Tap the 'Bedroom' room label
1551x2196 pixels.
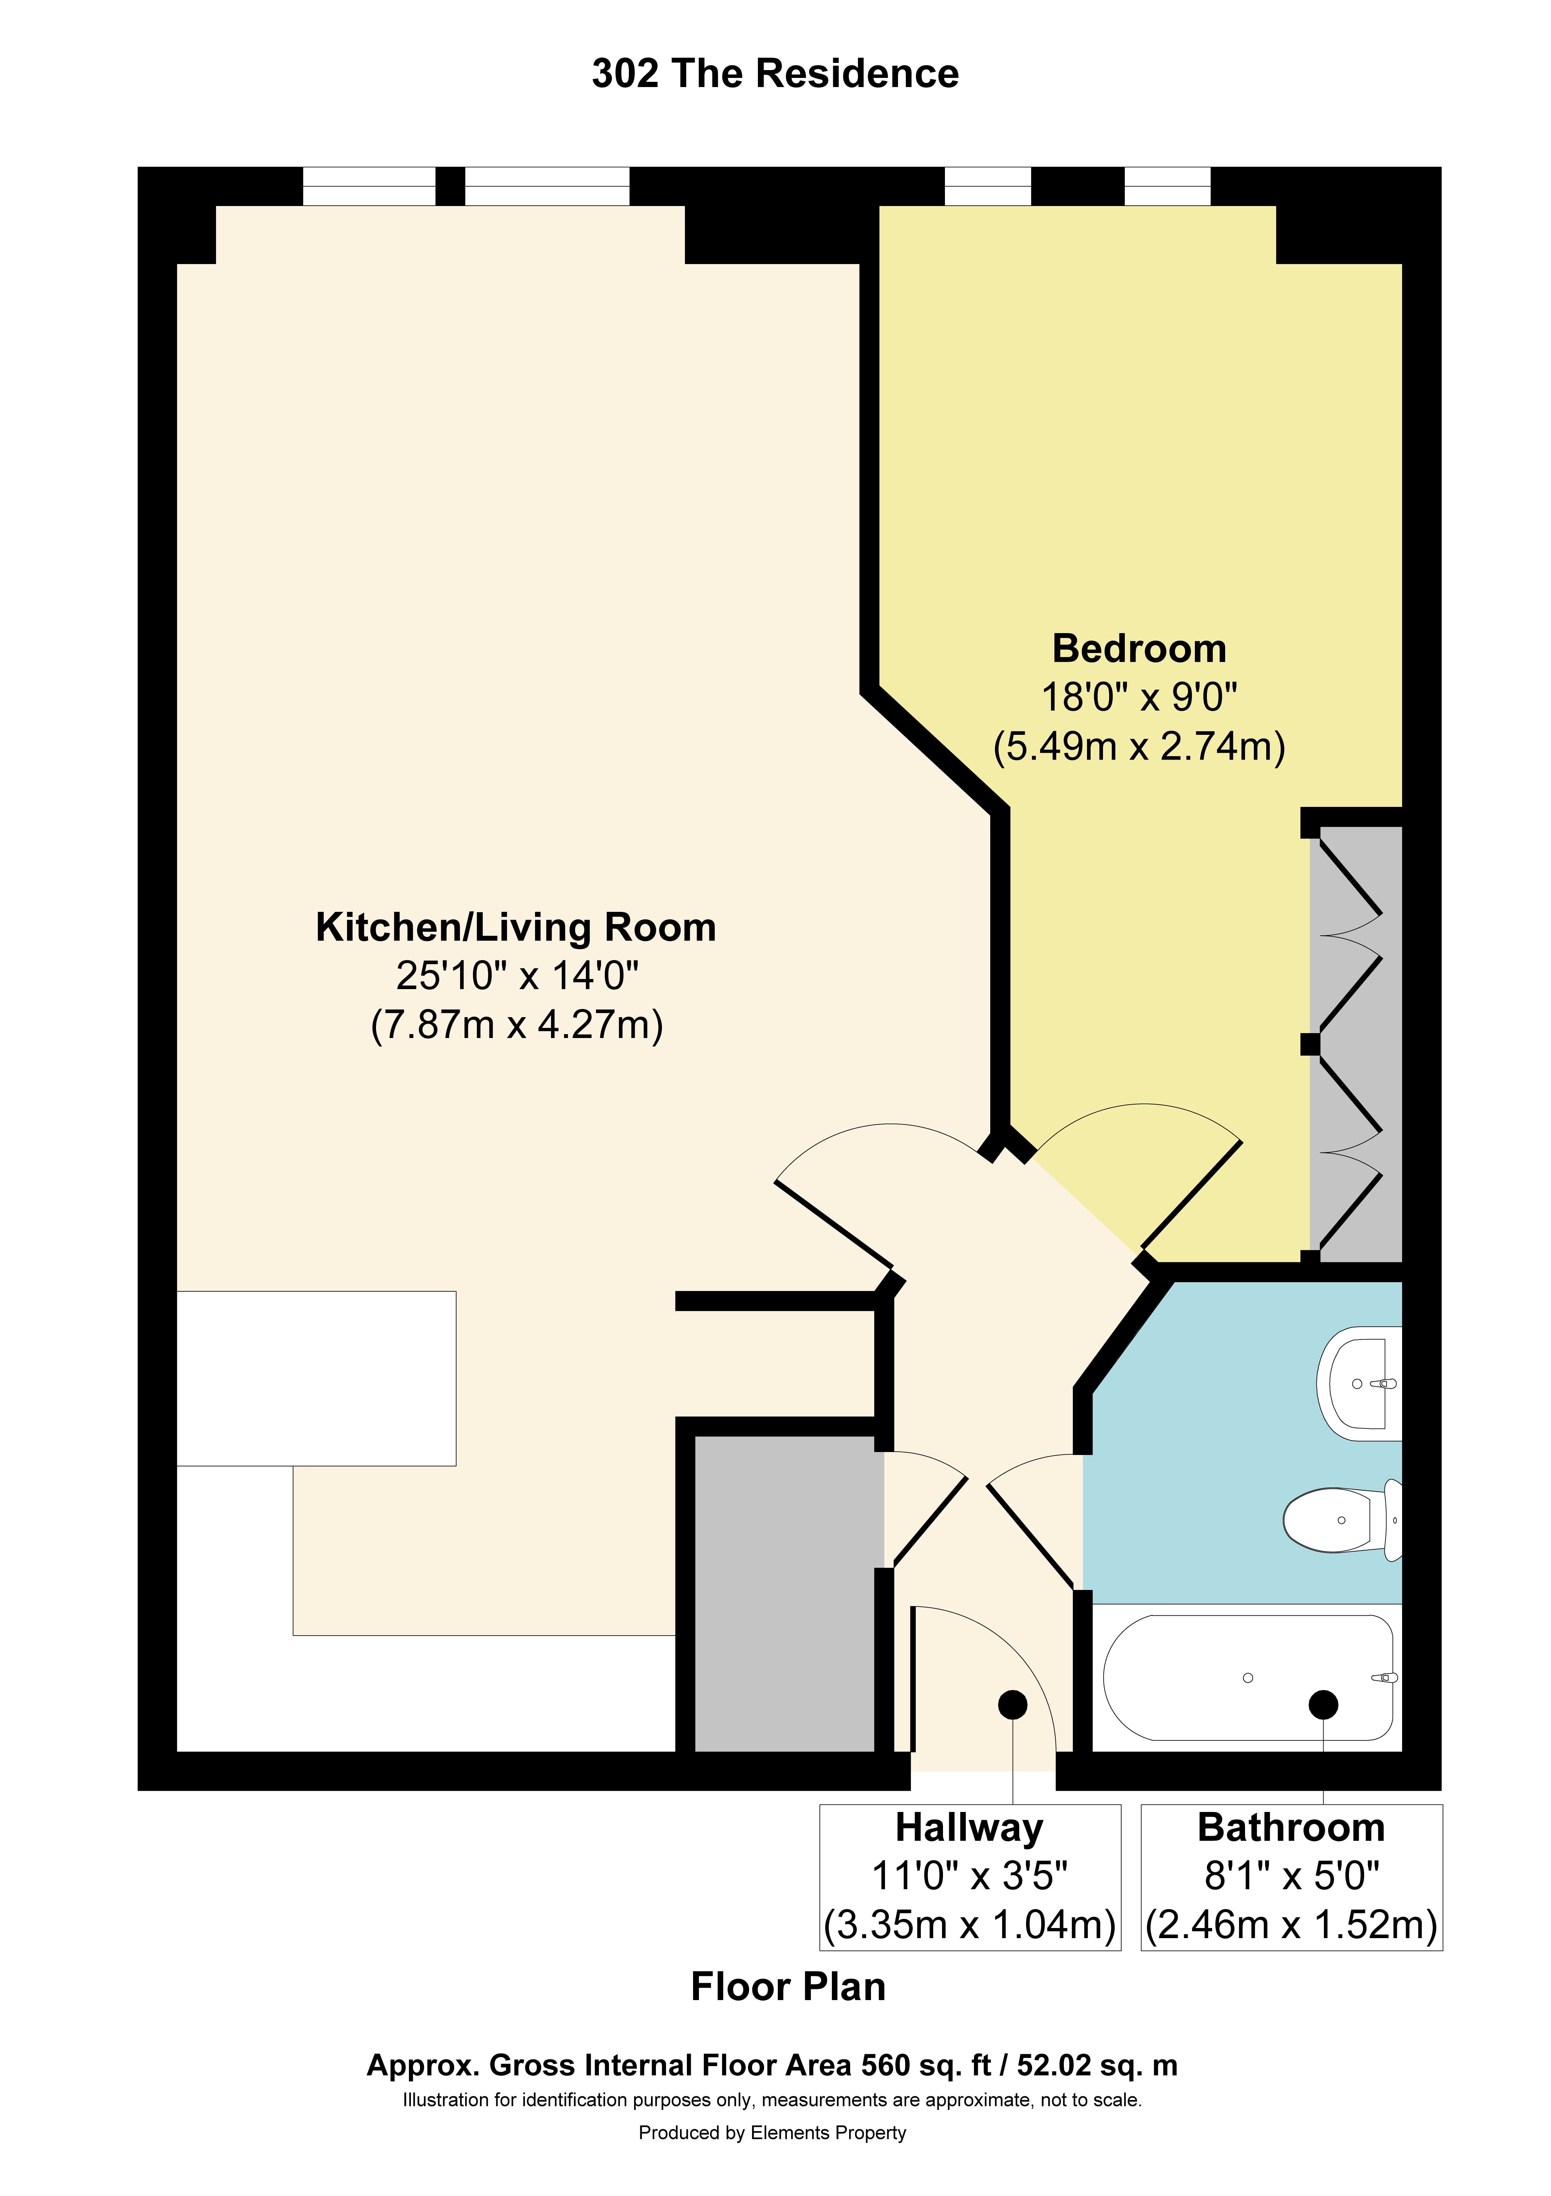(1139, 648)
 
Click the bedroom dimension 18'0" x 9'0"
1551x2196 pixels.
(1139, 697)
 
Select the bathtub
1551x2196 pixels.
(1248, 1679)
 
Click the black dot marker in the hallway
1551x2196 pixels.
(1013, 1704)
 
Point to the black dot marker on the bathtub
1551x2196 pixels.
(1324, 1704)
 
